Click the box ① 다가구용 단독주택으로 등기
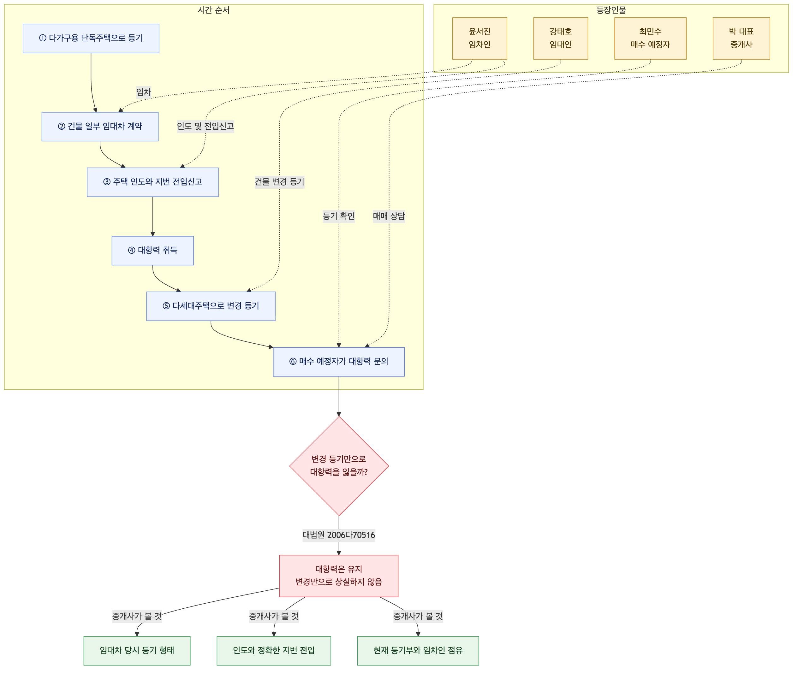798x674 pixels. [x=91, y=38]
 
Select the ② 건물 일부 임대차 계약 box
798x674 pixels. [x=100, y=127]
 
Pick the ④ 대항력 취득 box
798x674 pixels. [x=153, y=251]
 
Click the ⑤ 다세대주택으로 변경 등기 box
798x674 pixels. [x=211, y=306]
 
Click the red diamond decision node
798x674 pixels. [x=339, y=466]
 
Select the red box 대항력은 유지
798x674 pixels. [x=339, y=576]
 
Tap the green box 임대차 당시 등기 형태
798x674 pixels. [x=137, y=651]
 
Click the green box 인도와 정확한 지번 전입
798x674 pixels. [x=274, y=651]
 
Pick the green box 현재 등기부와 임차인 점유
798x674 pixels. [x=418, y=651]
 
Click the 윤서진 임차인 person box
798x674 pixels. [x=479, y=38]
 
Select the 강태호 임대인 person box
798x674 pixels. [x=561, y=38]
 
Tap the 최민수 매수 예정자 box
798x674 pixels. [x=651, y=38]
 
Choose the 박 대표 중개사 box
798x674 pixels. [x=741, y=38]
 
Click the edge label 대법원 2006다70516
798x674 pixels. [x=339, y=535]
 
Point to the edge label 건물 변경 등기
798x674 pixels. [x=280, y=182]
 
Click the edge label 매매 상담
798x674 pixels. [x=389, y=216]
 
